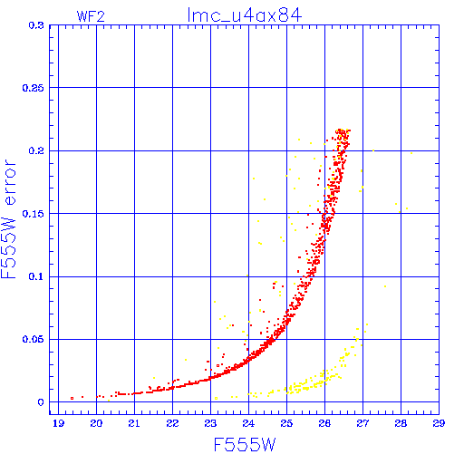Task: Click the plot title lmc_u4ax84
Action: [x=245, y=15]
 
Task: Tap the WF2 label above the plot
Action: [x=91, y=16]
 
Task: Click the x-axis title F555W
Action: [x=245, y=444]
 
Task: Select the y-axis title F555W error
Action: [x=8, y=219]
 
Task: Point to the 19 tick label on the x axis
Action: [x=58, y=423]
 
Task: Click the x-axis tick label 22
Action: [x=172, y=423]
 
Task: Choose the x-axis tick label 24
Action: [x=248, y=423]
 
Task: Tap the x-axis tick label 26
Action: [x=324, y=423]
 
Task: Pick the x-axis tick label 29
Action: [x=439, y=423]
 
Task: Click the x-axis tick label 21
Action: [x=134, y=423]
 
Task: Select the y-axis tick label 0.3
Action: [x=36, y=25]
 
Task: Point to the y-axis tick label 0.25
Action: [x=34, y=88]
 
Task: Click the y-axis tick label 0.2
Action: [x=36, y=150]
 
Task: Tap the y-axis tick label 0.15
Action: [x=34, y=214]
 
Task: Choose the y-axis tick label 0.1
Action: [x=36, y=276]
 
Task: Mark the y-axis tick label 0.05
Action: [x=34, y=339]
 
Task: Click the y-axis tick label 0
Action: [x=41, y=402]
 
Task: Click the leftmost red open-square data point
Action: [x=72, y=398]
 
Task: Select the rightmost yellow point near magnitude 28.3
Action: [x=411, y=153]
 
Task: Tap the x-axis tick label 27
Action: [x=362, y=423]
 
